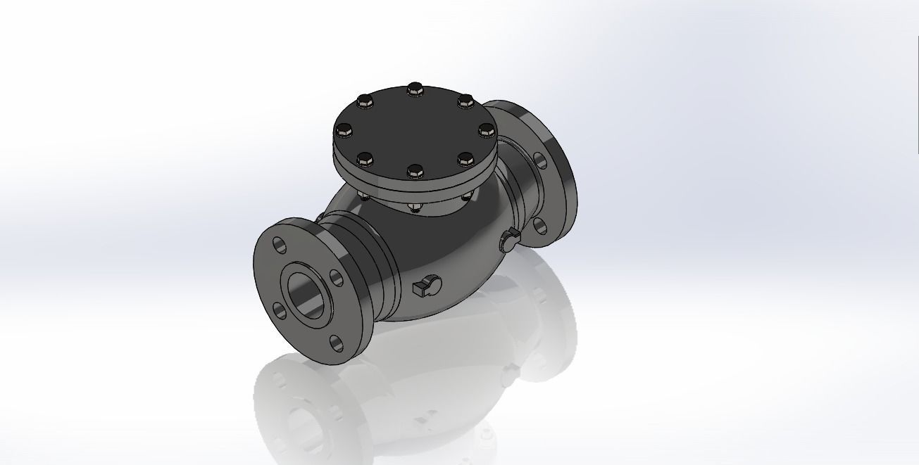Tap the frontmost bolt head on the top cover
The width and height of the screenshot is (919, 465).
point(415,171)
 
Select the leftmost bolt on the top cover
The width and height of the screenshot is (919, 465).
point(344,130)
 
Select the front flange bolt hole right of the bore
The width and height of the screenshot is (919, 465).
point(337,278)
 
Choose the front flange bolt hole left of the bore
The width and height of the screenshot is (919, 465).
point(278,309)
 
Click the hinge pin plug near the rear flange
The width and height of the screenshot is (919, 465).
point(508,241)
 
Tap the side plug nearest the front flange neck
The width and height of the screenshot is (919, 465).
point(425,285)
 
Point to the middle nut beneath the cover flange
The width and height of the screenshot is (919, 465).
point(413,206)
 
